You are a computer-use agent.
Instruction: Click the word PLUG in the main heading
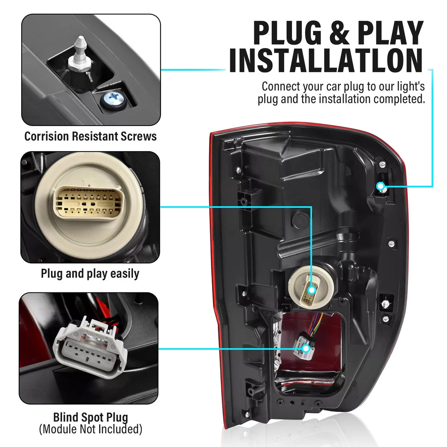287,33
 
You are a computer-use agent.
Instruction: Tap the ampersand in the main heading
339,33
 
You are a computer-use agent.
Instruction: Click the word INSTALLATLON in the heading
326,60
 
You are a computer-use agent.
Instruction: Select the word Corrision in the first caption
47,136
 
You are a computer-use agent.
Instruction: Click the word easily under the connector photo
124,274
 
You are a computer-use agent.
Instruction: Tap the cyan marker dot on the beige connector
312,290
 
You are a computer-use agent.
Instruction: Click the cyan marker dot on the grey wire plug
306,355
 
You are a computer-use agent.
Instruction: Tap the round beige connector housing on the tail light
311,287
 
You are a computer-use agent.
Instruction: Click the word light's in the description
411,87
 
